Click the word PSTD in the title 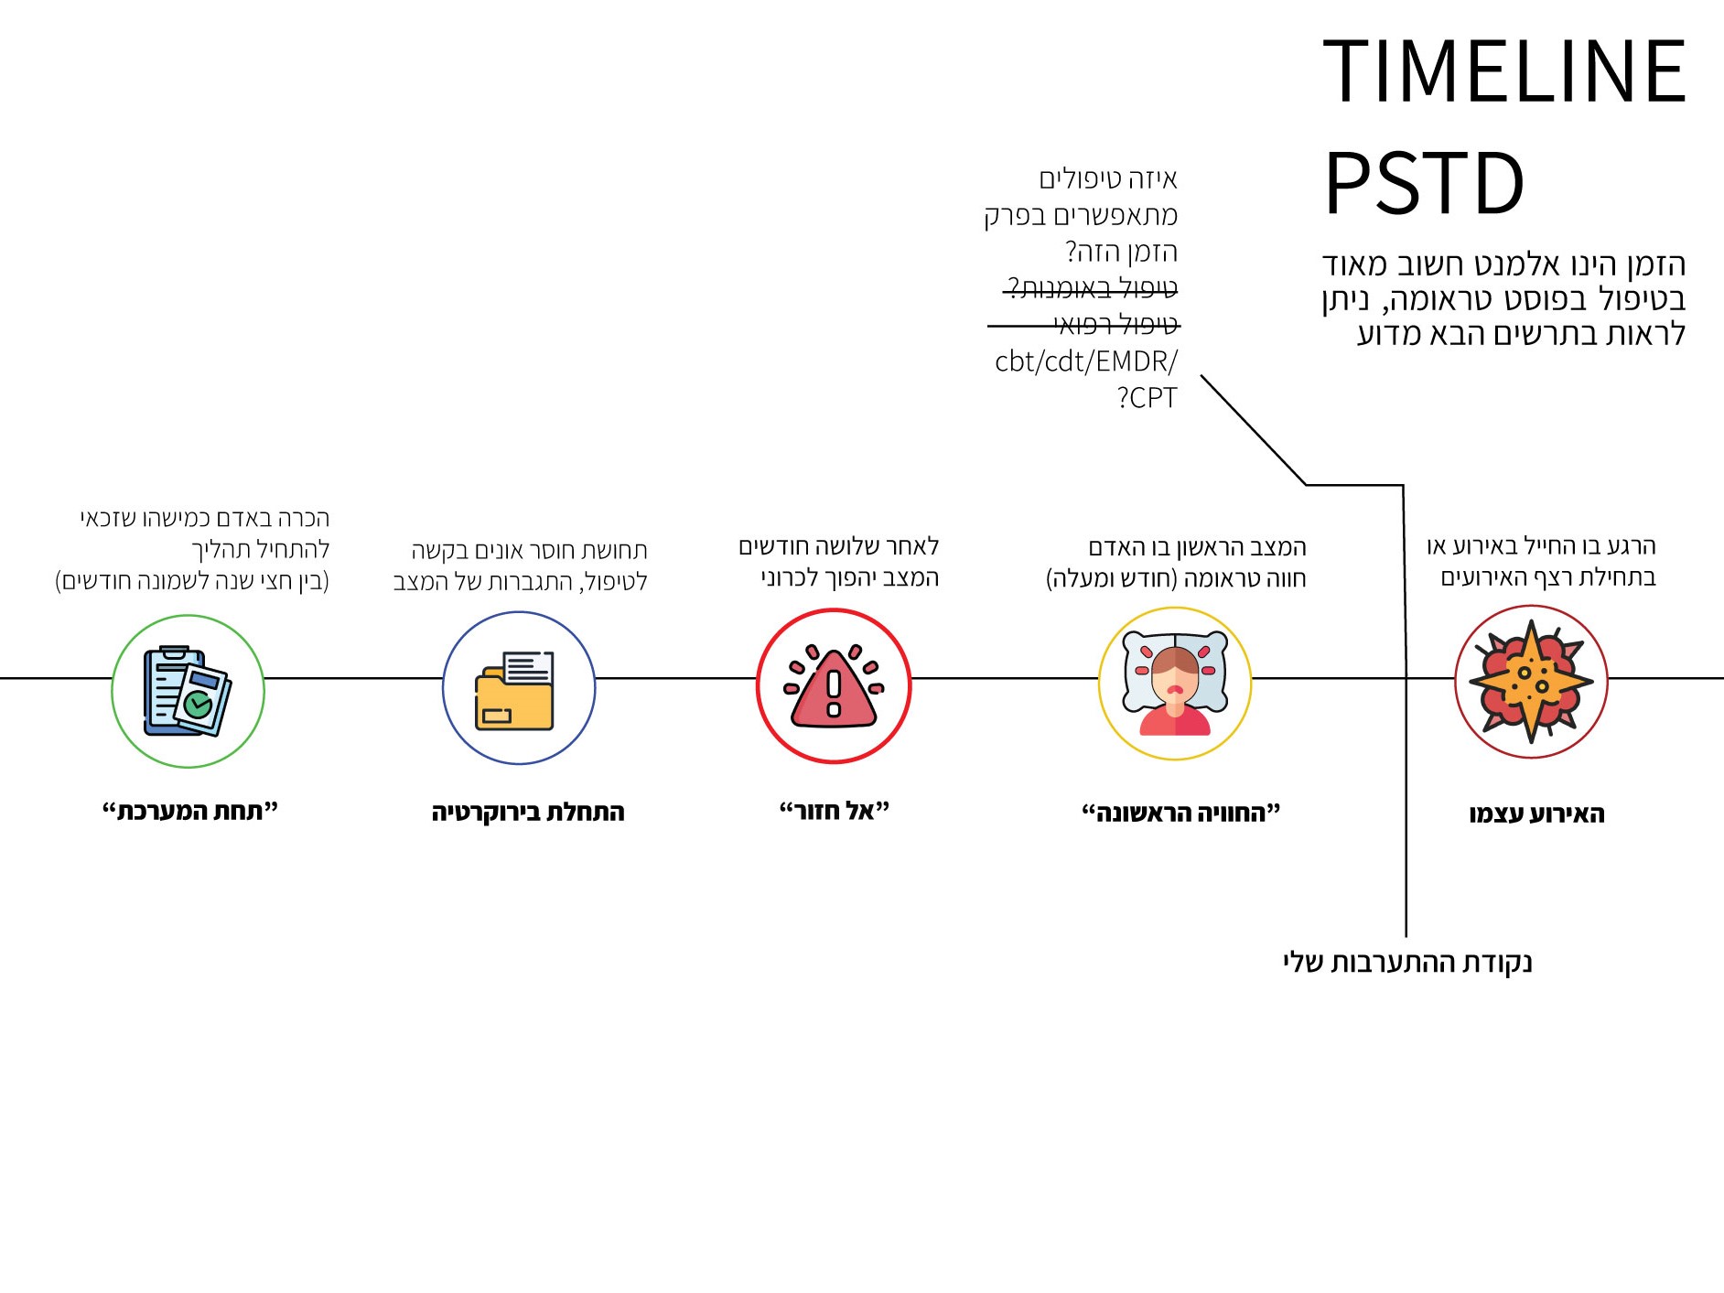click(1424, 184)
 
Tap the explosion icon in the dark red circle click(1531, 681)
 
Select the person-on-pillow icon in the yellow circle click(1175, 684)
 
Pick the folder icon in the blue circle click(515, 690)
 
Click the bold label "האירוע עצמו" click(1536, 814)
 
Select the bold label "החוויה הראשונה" click(1180, 812)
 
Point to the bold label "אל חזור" click(834, 811)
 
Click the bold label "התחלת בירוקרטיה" click(528, 812)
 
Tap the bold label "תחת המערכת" click(189, 811)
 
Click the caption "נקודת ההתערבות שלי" click(1406, 963)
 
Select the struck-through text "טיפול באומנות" click(1092, 289)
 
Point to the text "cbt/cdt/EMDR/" click(1086, 362)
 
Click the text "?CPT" click(1147, 399)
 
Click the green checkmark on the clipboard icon click(198, 704)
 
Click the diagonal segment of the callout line click(1254, 430)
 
